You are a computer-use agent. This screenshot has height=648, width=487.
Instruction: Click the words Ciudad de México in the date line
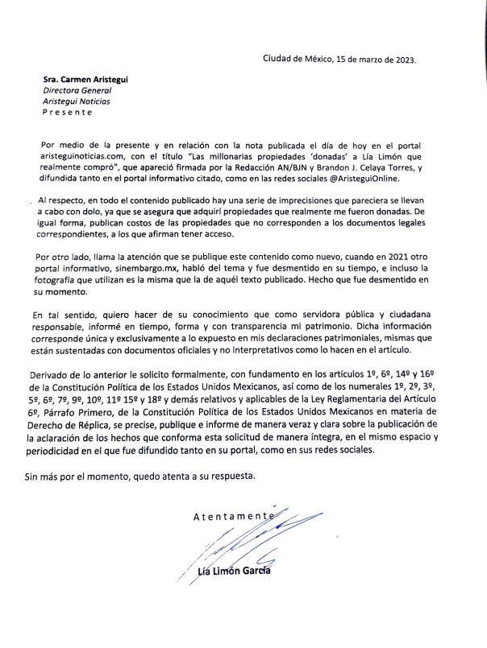pos(297,59)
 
